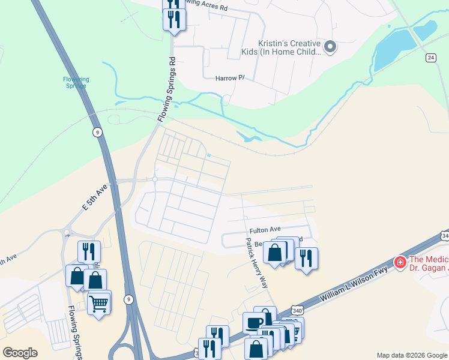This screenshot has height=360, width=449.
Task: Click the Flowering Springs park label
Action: pyautogui.click(x=76, y=82)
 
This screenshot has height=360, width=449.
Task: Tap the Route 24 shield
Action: pyautogui.click(x=430, y=58)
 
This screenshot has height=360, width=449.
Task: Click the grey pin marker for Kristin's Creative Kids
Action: pyautogui.click(x=330, y=46)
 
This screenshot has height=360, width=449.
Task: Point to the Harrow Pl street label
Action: pyautogui.click(x=231, y=78)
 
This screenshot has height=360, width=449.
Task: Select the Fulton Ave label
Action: pyautogui.click(x=265, y=229)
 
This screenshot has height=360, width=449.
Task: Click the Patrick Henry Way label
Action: pyautogui.click(x=256, y=263)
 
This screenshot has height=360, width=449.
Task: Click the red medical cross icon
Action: pyautogui.click(x=399, y=262)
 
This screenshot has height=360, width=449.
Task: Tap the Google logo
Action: pyautogui.click(x=20, y=353)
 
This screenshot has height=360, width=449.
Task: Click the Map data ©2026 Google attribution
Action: pyautogui.click(x=412, y=355)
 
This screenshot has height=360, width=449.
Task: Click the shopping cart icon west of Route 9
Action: pyautogui.click(x=98, y=302)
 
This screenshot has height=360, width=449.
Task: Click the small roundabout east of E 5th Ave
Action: pyautogui.click(x=154, y=179)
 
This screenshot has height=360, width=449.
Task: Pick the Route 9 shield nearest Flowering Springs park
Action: pyautogui.click(x=97, y=132)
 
